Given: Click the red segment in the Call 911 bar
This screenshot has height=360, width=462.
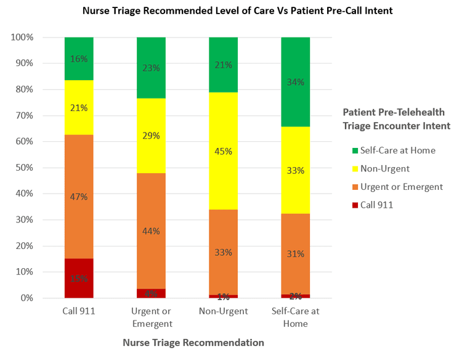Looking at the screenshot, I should pyautogui.click(x=79, y=278).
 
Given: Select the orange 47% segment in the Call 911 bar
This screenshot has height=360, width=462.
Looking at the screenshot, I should pyautogui.click(x=79, y=197).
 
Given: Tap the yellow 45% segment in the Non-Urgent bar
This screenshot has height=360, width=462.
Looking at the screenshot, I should pyautogui.click(x=223, y=151).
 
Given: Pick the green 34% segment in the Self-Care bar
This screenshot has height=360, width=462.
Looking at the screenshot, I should pyautogui.click(x=295, y=81).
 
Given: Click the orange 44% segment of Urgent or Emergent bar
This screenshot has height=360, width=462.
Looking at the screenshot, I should pyautogui.click(x=151, y=231).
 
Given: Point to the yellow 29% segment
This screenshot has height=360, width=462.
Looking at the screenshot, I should pyautogui.click(x=151, y=136).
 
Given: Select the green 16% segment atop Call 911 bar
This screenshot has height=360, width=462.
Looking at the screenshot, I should pyautogui.click(x=79, y=59).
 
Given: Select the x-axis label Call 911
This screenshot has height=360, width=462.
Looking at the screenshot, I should pyautogui.click(x=79, y=311).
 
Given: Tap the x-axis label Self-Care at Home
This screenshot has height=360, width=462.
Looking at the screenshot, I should pyautogui.click(x=295, y=317).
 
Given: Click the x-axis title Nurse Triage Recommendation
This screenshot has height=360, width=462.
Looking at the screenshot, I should pyautogui.click(x=193, y=342).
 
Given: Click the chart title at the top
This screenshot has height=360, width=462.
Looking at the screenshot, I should pyautogui.click(x=230, y=10).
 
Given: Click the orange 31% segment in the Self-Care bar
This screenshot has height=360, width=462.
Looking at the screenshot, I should pyautogui.click(x=295, y=254).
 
